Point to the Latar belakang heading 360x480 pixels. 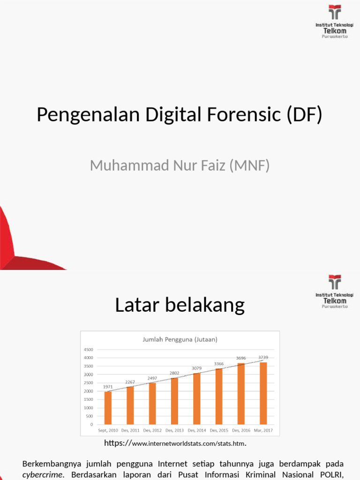(180, 305)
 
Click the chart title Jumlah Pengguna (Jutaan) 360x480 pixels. (180, 339)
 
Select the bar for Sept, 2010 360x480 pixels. (108, 407)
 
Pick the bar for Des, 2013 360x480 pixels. (174, 401)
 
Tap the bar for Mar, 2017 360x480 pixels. (263, 393)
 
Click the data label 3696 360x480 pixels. (241, 358)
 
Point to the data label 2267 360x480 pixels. (130, 382)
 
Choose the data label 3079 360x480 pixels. (197, 368)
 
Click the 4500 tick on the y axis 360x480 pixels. (89, 349)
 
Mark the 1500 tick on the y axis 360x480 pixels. (89, 399)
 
